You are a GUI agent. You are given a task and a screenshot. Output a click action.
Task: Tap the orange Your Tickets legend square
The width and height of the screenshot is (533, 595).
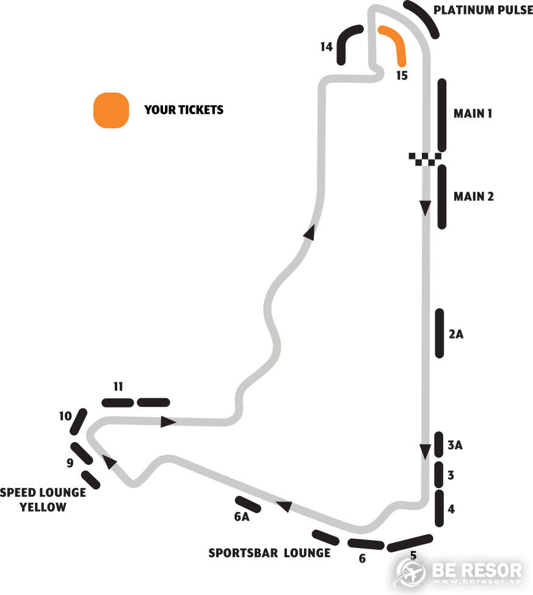[111, 111]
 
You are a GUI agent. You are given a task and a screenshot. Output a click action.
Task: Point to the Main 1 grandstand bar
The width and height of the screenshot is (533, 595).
[441, 115]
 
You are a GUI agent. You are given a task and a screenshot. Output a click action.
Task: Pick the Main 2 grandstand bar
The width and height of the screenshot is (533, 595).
[441, 197]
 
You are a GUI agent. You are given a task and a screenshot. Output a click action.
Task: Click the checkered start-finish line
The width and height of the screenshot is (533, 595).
[425, 159]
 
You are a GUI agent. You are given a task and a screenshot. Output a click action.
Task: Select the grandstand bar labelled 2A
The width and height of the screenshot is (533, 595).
[439, 333]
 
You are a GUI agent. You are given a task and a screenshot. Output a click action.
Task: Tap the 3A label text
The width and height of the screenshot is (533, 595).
[455, 445]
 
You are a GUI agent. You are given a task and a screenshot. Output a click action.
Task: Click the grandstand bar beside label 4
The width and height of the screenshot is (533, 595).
[438, 508]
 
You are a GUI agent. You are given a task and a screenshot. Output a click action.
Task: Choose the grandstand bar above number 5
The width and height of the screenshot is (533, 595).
[410, 542]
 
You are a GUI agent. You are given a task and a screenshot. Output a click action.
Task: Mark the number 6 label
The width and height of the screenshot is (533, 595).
[362, 558]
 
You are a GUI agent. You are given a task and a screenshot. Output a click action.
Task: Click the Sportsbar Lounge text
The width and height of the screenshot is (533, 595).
[269, 553]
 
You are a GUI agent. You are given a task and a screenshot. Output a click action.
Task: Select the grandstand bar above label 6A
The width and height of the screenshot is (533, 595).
[248, 504]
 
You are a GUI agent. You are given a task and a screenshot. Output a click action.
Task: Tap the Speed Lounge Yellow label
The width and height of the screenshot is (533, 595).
[43, 500]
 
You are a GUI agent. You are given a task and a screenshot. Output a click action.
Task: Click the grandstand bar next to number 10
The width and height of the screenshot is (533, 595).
[79, 422]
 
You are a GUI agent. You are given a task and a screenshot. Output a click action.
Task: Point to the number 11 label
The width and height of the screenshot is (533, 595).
[118, 386]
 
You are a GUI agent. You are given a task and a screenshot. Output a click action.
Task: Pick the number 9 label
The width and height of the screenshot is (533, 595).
[70, 463]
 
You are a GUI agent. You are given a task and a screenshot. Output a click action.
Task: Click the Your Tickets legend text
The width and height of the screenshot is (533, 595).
[184, 111]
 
